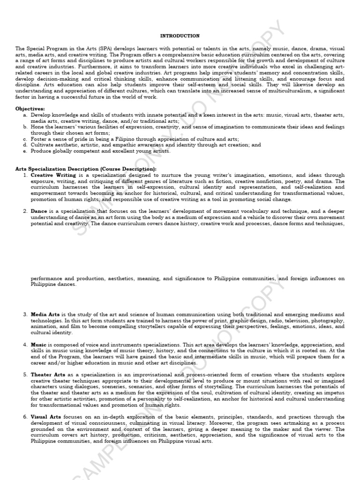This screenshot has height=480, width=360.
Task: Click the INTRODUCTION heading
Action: point(180,36)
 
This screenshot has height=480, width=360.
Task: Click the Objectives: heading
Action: point(30,108)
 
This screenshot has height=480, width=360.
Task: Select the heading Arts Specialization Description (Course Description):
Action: point(86,169)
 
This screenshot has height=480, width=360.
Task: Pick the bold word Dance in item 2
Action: point(39,211)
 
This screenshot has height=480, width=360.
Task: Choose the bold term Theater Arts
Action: point(48,375)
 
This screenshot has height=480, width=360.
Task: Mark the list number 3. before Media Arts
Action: point(25,314)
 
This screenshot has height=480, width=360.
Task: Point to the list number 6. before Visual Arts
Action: point(25,417)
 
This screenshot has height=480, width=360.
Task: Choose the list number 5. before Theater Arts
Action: point(25,375)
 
